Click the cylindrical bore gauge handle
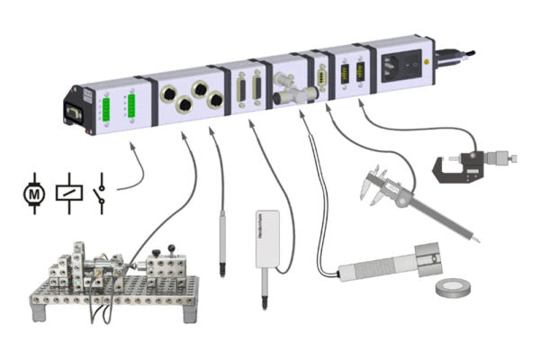coord(378,267)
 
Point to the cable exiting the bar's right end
coord(454,56)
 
